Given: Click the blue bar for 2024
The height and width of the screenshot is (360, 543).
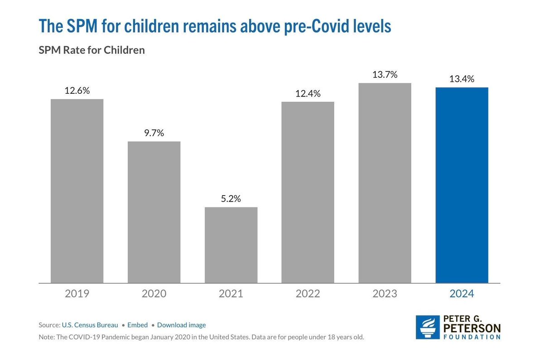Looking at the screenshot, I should click(x=461, y=185).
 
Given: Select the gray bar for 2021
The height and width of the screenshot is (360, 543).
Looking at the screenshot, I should click(x=231, y=245).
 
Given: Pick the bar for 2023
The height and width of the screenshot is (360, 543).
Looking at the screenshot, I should click(x=384, y=183).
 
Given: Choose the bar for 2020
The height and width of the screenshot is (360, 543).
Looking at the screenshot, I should click(x=154, y=212).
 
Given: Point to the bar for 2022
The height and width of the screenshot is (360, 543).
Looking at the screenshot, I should click(x=308, y=192).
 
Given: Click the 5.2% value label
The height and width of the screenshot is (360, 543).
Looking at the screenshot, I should click(x=231, y=199).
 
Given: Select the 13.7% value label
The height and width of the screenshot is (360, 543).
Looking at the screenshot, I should click(x=384, y=75).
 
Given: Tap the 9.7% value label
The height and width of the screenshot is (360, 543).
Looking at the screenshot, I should click(x=154, y=133).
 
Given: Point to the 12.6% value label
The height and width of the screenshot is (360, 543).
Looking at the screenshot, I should click(x=77, y=91).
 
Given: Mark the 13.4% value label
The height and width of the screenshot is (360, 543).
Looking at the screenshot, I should click(x=461, y=79).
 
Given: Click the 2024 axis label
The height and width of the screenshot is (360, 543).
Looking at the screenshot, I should click(x=461, y=294).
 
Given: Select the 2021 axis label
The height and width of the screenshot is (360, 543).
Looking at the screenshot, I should click(x=231, y=294).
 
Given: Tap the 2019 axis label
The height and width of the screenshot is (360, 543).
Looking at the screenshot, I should click(x=77, y=294).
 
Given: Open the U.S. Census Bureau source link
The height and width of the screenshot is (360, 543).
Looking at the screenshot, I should click(x=90, y=325).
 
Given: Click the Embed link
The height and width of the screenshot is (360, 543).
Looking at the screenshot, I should click(x=137, y=325).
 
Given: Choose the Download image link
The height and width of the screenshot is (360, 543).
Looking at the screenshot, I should click(x=181, y=325).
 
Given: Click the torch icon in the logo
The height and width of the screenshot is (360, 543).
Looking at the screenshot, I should click(x=428, y=327).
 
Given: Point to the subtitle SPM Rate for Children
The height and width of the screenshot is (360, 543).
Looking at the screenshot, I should click(x=91, y=50).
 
